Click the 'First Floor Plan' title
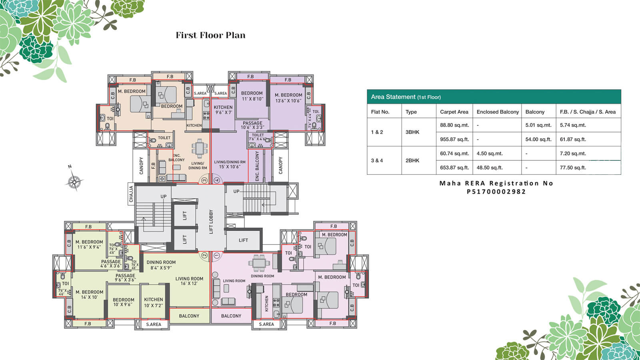click(210, 35)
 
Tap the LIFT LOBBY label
click(211, 222)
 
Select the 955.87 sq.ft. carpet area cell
click(454, 139)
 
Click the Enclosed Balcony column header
click(498, 112)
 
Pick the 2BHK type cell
click(412, 160)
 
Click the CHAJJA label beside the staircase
click(131, 194)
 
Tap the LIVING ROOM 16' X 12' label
click(189, 281)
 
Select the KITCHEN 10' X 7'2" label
click(154, 302)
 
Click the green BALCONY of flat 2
click(189, 316)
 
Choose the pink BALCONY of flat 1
click(231, 316)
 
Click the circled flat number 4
click(217, 180)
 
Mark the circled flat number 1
click(216, 255)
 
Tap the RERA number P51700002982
click(496, 192)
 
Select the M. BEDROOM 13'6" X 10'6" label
click(288, 98)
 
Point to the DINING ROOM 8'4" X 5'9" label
click(161, 265)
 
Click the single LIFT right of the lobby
click(243, 240)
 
